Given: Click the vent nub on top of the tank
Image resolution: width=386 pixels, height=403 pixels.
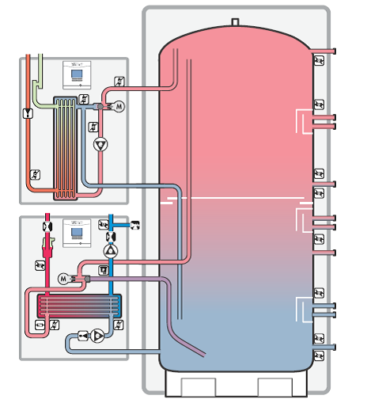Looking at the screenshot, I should pos(234,21).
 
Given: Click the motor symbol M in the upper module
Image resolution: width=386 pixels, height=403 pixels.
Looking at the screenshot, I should pos(120,106).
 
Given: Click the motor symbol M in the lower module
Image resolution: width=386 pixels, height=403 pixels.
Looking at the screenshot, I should pos(63,278).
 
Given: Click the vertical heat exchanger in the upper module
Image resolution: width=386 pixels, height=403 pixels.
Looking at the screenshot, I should pos(65,147).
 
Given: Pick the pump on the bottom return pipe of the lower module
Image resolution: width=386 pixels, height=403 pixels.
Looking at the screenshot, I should pos(96,336).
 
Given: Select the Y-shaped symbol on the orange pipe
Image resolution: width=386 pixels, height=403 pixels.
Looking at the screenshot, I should pos(29,113).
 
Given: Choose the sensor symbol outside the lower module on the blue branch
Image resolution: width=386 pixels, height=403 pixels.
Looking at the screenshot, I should pos(134,226).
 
